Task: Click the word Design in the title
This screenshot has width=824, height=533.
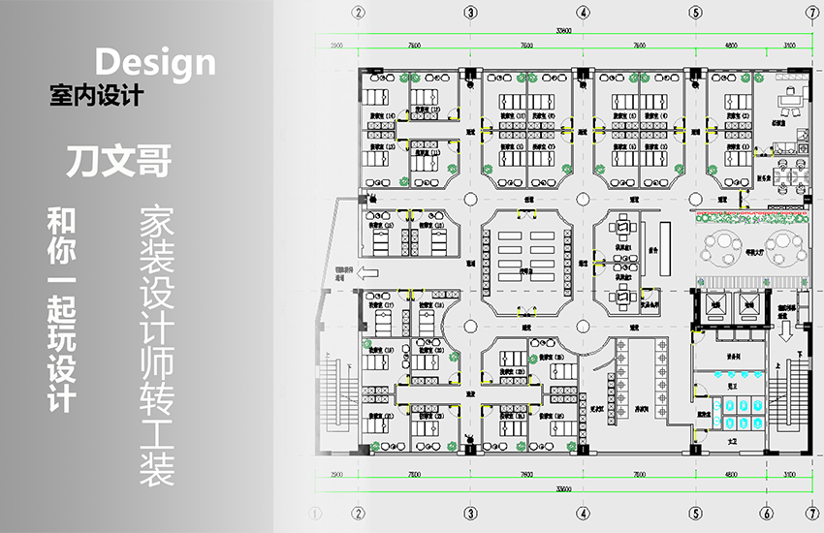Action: pyautogui.click(x=155, y=61)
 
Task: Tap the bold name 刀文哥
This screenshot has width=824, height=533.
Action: pyautogui.click(x=118, y=161)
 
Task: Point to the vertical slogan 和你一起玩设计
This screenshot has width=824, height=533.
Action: pyautogui.click(x=61, y=307)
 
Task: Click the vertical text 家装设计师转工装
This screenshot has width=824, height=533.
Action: pyautogui.click(x=156, y=345)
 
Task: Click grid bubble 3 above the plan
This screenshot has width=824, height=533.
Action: pyautogui.click(x=470, y=13)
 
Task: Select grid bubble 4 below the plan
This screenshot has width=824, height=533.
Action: pyautogui.click(x=583, y=513)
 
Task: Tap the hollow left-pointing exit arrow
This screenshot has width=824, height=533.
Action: pyautogui.click(x=368, y=273)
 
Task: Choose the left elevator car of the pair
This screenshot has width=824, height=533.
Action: pyautogui.click(x=715, y=303)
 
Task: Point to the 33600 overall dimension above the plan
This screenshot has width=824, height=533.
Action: pyautogui.click(x=583, y=31)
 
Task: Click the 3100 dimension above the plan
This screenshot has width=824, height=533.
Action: pyautogui.click(x=790, y=45)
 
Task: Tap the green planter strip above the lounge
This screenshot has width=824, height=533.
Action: pyautogui.click(x=747, y=216)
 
